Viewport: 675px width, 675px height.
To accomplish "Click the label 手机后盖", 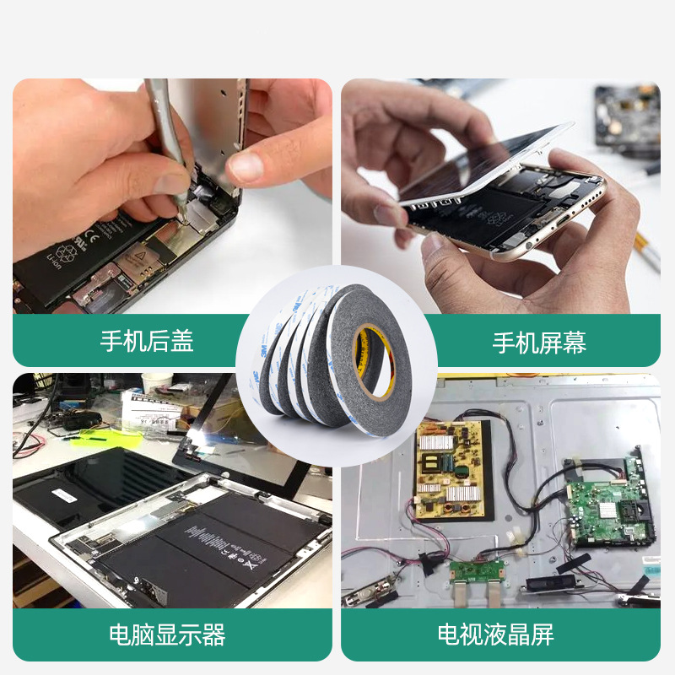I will [x=147, y=341].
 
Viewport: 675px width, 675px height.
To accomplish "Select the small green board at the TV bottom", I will [x=476, y=570].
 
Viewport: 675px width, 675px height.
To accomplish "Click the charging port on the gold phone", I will [x=561, y=222].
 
